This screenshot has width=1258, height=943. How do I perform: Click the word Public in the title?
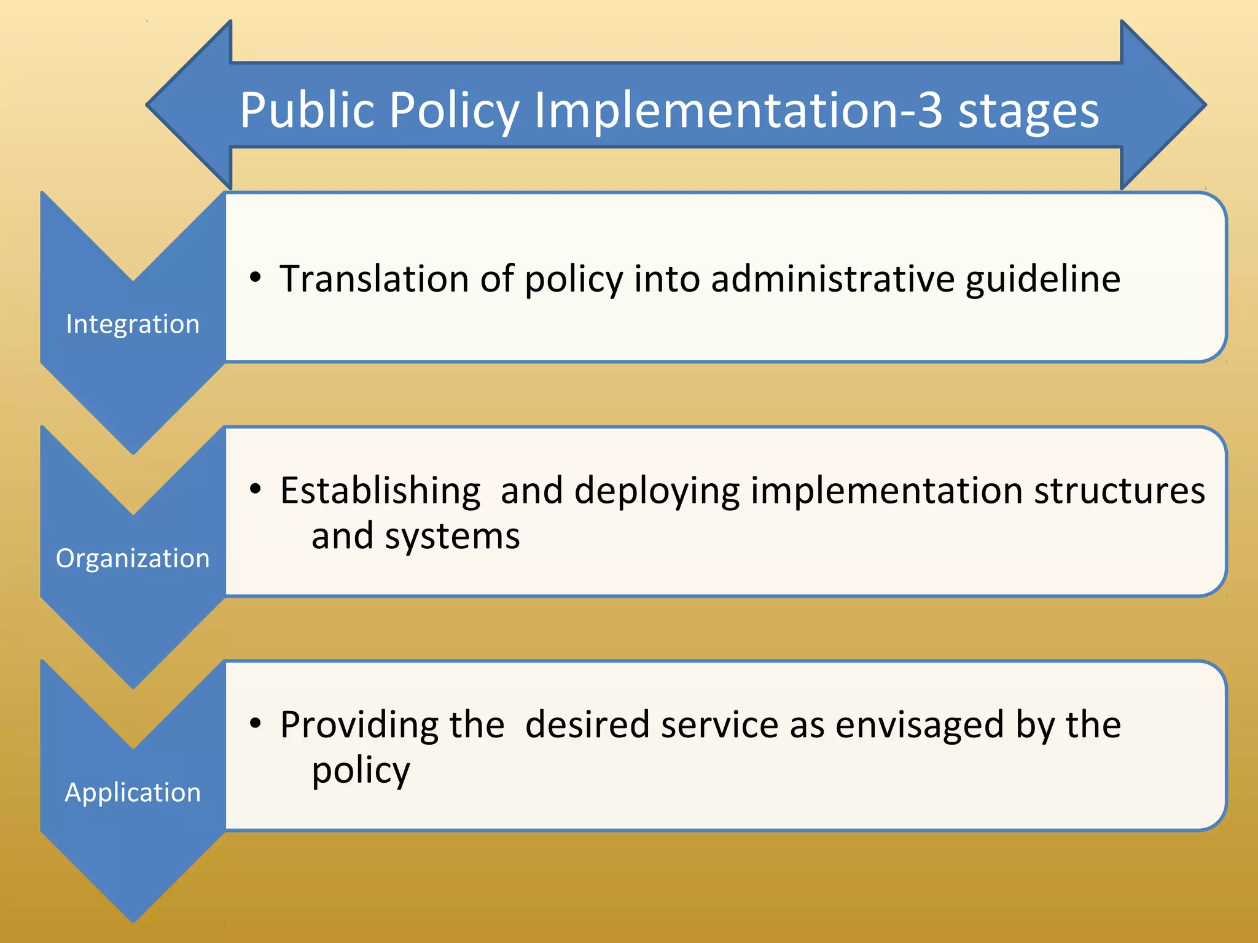click(x=307, y=111)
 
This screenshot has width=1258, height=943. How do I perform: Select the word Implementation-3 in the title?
click(x=738, y=111)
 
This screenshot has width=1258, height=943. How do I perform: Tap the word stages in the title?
click(x=1028, y=112)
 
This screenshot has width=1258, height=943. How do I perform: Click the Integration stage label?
click(x=133, y=324)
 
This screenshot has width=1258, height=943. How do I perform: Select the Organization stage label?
click(x=133, y=558)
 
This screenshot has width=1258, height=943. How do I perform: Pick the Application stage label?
click(x=133, y=792)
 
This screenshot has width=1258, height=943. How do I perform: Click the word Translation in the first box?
click(x=375, y=279)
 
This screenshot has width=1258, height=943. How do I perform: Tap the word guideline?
click(x=1042, y=280)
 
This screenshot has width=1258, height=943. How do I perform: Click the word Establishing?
click(x=380, y=491)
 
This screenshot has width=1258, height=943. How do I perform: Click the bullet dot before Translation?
click(x=256, y=277)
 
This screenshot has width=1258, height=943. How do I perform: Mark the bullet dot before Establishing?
click(x=256, y=489)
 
